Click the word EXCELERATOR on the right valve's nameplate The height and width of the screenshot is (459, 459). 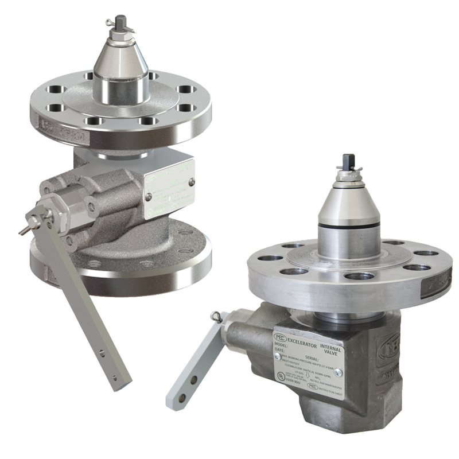point(304,341)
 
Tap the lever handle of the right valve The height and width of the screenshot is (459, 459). point(192,367)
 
